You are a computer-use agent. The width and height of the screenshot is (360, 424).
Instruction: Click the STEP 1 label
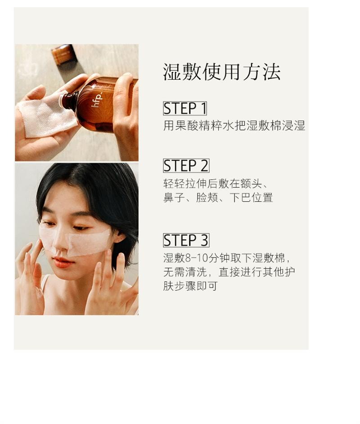[x=184, y=108]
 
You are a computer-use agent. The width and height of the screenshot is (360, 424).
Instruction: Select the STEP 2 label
[x=186, y=166]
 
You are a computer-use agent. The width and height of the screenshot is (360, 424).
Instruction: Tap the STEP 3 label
[x=186, y=240]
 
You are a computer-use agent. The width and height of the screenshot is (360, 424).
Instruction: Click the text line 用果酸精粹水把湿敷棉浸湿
[x=234, y=126]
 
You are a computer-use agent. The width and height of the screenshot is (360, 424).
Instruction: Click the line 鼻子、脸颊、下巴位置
[x=218, y=198]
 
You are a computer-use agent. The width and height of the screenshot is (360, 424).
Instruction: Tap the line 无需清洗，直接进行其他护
[x=229, y=272]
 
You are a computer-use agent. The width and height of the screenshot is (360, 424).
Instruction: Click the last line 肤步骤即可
[x=190, y=286]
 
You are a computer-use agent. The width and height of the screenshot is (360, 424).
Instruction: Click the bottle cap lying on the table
[x=63, y=54]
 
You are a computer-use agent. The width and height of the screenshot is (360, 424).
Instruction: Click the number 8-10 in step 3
[x=196, y=258]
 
